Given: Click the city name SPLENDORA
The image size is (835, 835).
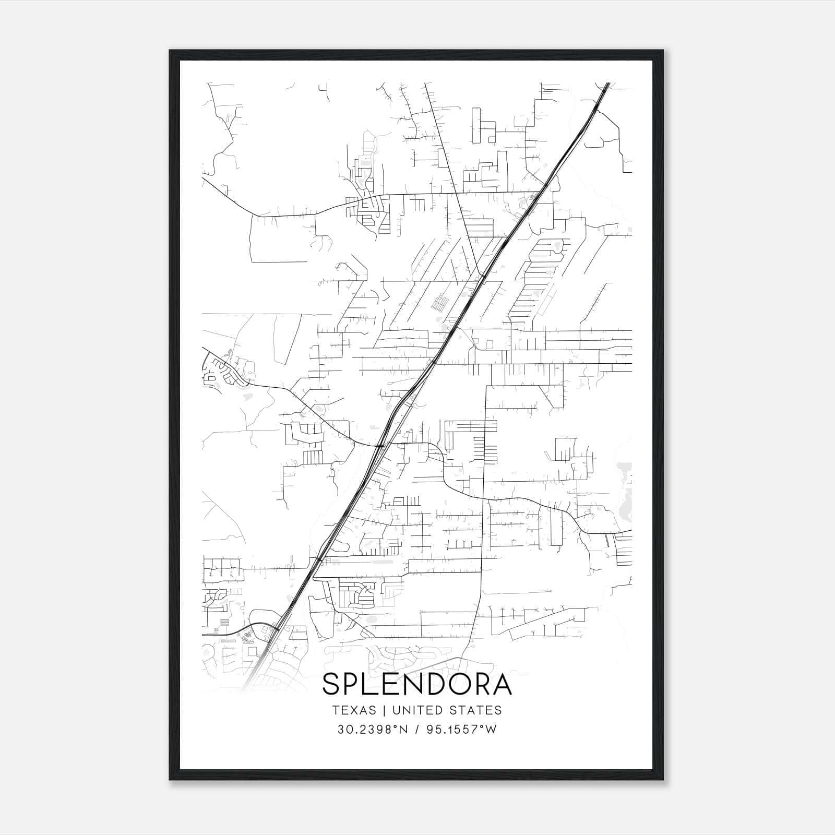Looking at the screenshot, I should click(417, 684).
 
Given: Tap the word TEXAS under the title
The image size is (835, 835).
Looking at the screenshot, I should click(353, 710).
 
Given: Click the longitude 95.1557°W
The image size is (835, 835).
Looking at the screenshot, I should click(462, 730).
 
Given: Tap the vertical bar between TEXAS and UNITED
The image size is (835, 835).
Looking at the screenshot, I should click(384, 710).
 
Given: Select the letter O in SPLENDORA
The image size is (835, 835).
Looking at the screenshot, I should click(454, 684).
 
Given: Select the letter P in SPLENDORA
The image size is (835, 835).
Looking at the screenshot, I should click(352, 684).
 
